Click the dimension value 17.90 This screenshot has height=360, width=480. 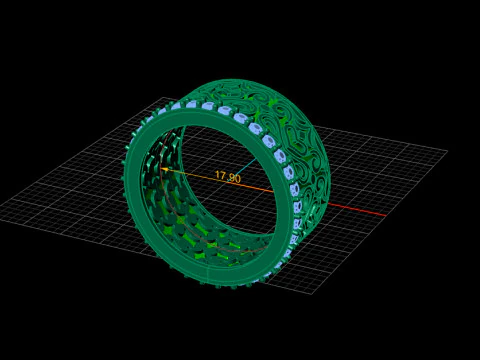(x=228, y=178)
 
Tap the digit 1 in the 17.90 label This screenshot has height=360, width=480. (x=218, y=176)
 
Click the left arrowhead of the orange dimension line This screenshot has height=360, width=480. (x=164, y=169)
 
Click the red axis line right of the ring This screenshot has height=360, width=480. (x=355, y=210)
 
